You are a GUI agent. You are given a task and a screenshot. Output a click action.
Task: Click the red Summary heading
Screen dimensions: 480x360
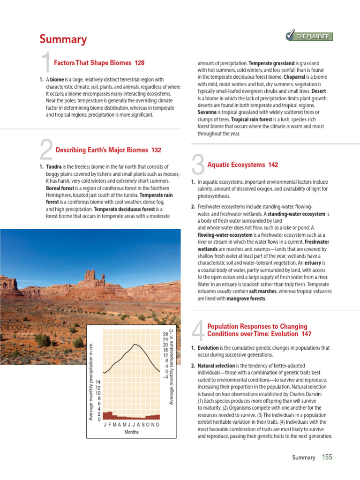point(63,39)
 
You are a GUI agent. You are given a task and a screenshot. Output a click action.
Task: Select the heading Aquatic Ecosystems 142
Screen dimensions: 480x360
point(242,165)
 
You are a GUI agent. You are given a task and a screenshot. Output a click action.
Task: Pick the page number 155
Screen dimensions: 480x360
point(327,457)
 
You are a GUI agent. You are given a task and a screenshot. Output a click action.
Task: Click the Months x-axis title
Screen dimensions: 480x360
point(131,432)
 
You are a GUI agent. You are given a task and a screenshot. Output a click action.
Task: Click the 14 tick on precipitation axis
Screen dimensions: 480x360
point(97,382)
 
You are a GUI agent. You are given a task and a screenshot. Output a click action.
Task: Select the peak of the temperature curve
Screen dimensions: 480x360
point(136,345)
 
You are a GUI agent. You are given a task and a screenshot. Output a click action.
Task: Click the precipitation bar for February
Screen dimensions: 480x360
point(110,415)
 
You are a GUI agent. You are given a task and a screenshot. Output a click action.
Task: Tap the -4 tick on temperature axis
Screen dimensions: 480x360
point(165,376)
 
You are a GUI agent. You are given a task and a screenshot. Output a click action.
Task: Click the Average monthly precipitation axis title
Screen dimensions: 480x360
point(91,382)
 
